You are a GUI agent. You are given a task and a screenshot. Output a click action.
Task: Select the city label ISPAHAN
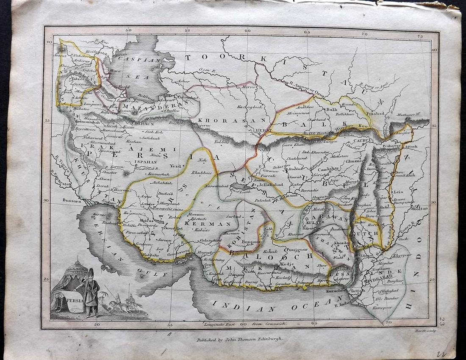pos(143,161)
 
